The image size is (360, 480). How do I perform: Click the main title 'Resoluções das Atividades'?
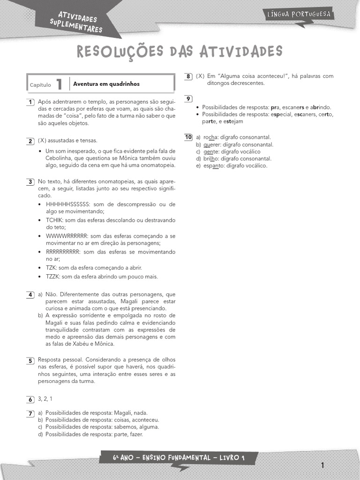[180, 52]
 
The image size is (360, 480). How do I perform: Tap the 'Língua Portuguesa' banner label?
[299, 15]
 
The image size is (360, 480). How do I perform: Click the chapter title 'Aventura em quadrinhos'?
[106, 84]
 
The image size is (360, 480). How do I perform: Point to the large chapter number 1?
[59, 84]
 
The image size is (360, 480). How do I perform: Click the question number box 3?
[30, 181]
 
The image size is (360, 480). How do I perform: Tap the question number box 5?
[30, 360]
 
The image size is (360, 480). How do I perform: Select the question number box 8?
[188, 76]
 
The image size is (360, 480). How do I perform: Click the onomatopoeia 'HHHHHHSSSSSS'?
[68, 204]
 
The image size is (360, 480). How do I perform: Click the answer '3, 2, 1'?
[45, 399]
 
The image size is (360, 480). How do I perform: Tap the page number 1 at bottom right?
[322, 465]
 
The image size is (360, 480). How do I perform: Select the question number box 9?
[188, 99]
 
